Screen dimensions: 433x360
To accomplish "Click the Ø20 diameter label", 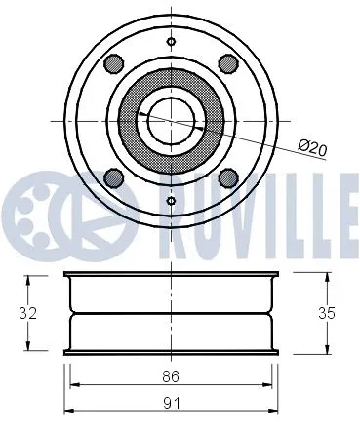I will coord(312,146).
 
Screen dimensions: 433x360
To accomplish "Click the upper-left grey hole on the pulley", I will coord(114,63).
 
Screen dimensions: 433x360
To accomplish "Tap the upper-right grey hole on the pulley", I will coord(229,63).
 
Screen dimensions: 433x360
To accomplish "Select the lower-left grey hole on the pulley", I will coord(114,177).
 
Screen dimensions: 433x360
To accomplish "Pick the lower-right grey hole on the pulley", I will coord(229,177).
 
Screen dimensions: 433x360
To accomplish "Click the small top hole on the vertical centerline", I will coord(172,41).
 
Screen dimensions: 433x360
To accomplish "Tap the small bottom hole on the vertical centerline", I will coord(172,201).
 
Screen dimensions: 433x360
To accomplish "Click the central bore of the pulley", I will coord(172,120).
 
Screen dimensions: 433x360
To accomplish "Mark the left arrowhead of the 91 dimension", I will coord(66,409).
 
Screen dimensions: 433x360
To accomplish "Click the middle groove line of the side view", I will coord(172,314).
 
